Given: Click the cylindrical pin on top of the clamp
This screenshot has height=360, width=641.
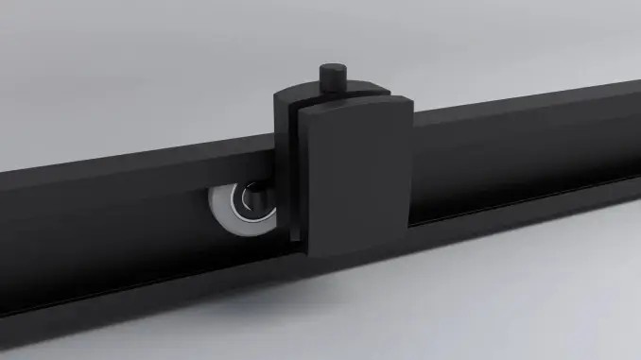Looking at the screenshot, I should pos(332,79).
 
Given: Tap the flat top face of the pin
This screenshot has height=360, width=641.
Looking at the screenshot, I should pos(332,68).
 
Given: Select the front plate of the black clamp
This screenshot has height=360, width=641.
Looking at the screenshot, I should pos(358,180).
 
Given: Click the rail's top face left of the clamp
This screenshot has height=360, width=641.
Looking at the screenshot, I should pos(142,161).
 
